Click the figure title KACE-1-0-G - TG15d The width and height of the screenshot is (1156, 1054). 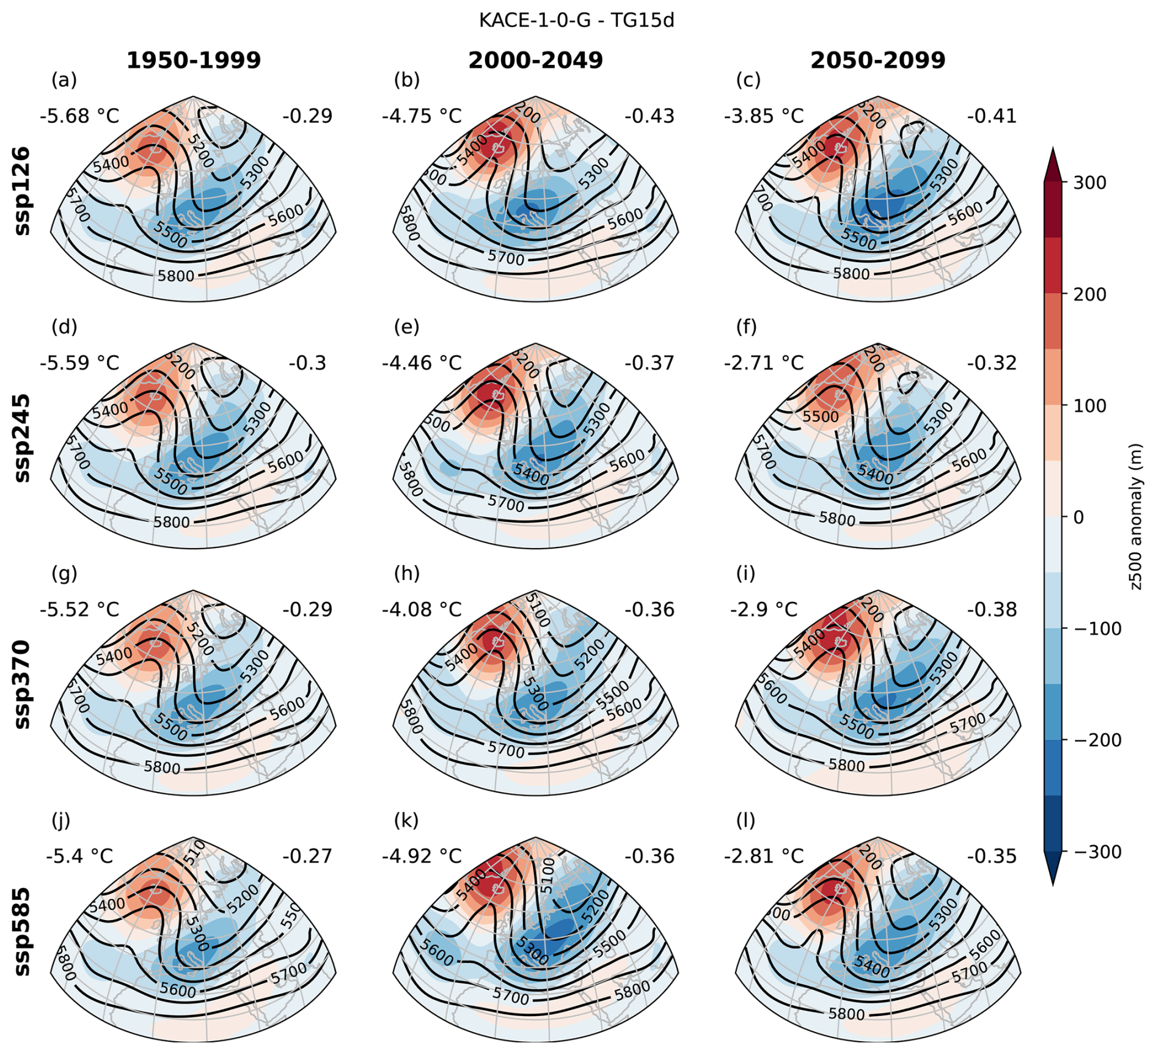[576, 20]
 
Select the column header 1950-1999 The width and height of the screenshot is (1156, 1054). [194, 60]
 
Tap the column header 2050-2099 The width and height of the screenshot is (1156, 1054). [878, 60]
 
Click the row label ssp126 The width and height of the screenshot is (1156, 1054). [22, 191]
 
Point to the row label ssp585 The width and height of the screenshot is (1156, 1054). [22, 932]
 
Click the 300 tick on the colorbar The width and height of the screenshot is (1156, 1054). [1089, 183]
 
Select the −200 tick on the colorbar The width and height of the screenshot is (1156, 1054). [1097, 741]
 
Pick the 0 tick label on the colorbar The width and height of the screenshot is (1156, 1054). [1078, 518]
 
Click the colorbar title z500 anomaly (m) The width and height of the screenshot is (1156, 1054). [1136, 517]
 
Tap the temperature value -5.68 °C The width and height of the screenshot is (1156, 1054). [79, 116]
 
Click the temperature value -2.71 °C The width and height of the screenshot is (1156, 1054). [764, 363]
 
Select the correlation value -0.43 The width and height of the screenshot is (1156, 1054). [649, 116]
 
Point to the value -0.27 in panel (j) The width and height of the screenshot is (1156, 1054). [307, 856]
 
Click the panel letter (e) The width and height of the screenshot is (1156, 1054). [407, 328]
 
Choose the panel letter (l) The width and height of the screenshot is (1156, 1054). [746, 821]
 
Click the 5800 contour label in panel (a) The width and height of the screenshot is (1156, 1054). [176, 276]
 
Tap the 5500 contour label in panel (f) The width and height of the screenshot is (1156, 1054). [821, 417]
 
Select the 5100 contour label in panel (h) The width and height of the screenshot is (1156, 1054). [538, 610]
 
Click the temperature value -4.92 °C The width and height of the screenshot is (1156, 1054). [422, 856]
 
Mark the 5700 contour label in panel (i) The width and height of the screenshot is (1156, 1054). [967, 723]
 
